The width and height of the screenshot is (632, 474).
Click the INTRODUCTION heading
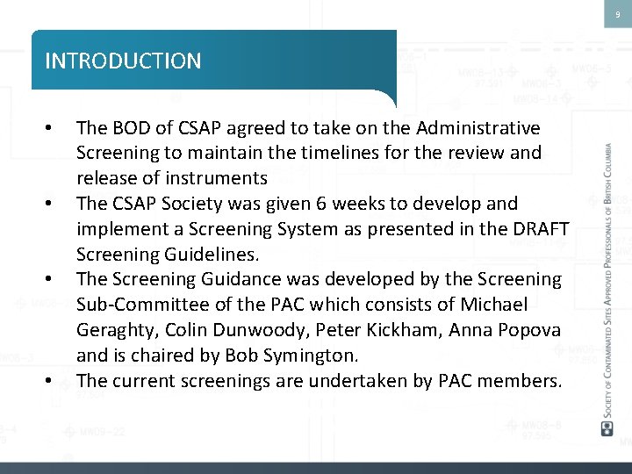coord(123,61)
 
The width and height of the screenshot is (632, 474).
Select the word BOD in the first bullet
coord(130,128)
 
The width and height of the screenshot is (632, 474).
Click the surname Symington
coord(312,355)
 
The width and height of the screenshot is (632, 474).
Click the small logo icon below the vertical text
coord(607,427)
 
